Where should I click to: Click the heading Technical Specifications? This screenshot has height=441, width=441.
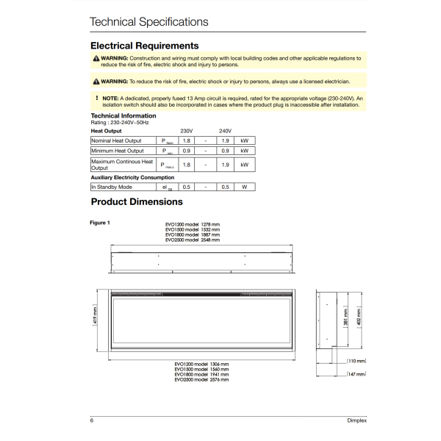pos(148,21)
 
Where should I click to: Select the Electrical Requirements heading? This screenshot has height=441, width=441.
pos(144,46)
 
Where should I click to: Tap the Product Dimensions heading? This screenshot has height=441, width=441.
pos(137,201)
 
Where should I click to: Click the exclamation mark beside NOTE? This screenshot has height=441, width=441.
pos(96,97)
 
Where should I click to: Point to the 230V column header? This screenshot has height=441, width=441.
pos(186,130)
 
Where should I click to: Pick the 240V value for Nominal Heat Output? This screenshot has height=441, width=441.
pos(225,140)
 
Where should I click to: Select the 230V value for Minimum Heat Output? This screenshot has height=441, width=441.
pos(186,151)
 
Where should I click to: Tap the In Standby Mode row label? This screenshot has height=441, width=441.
pos(112,187)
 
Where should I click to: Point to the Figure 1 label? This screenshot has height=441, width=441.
pos(99,222)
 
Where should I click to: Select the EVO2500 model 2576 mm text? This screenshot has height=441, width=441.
pos(201,379)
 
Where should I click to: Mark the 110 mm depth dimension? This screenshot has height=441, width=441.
pos(356,361)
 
